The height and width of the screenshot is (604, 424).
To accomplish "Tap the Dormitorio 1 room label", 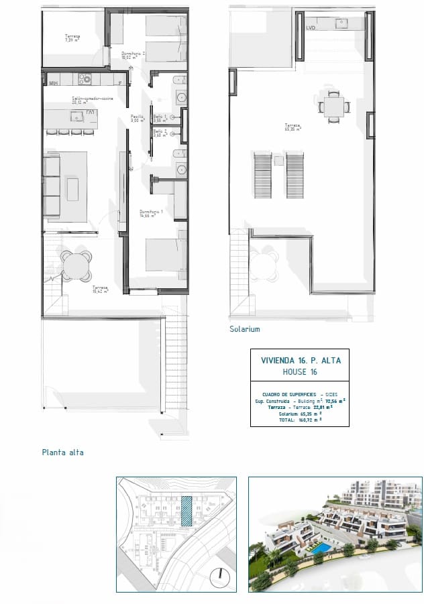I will pos(152,214).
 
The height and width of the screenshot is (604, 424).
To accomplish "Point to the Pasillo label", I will pos(138,118).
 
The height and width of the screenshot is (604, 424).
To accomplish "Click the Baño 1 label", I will pos(159,118).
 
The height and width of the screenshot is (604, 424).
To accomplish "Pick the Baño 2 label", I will pos(159,133).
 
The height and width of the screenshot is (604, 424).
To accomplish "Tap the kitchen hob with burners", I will pos(85,80).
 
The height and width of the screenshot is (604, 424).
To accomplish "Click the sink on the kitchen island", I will pos(91,115).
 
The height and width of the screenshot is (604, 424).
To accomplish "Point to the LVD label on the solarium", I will pos(311,28).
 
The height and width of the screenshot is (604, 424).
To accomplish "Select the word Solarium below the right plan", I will pos(244,329).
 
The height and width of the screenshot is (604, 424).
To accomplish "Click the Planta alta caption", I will pos(62,452).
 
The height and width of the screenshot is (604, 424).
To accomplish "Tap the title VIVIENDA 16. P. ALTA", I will pos(301,360).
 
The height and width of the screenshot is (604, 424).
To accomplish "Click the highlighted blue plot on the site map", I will pos(187,511).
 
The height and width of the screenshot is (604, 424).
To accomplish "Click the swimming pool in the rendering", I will pos(321,548).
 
